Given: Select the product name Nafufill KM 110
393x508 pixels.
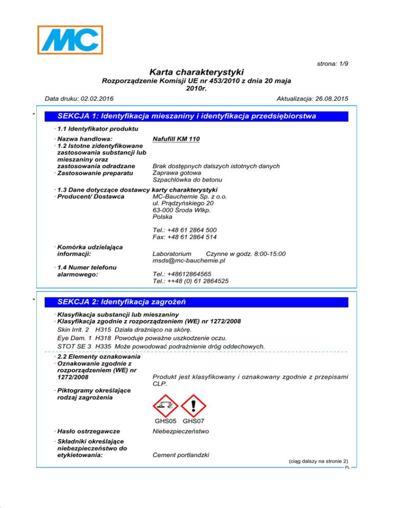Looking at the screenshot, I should click(176, 139).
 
